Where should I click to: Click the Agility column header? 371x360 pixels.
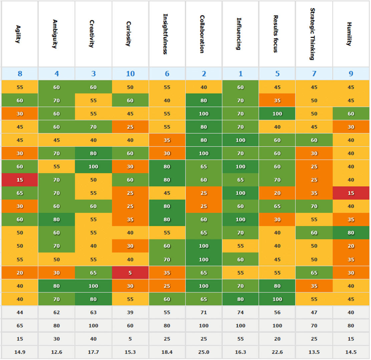20,34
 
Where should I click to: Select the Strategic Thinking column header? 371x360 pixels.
314,34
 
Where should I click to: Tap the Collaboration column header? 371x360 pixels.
204,34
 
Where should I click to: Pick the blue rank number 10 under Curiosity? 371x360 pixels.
130,74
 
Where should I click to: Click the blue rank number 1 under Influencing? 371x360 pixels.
241,74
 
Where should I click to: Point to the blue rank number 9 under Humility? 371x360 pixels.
351,74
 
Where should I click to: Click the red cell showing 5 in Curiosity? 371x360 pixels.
130,273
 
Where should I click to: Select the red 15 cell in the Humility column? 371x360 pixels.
351,193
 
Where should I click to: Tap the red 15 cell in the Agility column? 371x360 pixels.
20,180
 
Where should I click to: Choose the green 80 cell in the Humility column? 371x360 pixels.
351,233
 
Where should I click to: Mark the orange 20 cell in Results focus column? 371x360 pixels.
277,193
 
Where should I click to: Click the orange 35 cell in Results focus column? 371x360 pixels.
277,100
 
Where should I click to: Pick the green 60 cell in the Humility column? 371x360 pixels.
351,114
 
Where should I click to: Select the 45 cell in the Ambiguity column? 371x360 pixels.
57,140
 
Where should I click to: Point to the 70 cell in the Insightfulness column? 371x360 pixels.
167,259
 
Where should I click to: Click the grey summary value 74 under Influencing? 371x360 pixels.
241,312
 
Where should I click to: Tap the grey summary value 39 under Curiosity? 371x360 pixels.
130,312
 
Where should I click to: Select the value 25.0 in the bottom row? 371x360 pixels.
204,352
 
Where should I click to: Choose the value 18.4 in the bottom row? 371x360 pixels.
167,352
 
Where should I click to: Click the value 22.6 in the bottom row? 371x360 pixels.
277,352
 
